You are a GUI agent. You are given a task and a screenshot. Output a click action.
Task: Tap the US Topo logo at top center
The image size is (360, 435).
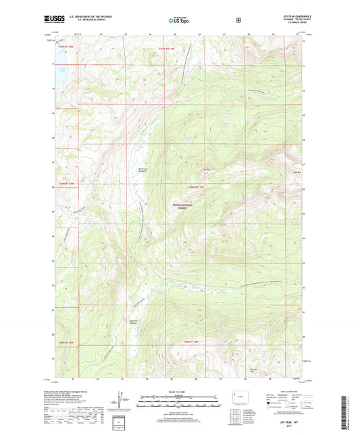point(179,22)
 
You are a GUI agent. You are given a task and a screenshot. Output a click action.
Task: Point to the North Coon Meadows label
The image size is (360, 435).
point(143,170)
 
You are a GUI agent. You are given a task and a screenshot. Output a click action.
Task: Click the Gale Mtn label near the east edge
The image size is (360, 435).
point(296,172)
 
